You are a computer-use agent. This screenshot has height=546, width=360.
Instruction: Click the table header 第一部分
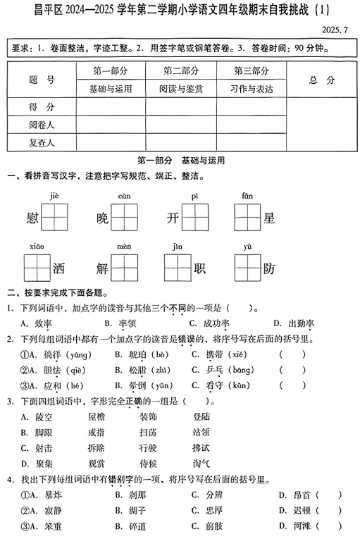point(111,71)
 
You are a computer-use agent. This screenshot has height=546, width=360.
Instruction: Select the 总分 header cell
point(322,80)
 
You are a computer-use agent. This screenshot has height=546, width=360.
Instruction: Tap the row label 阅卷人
point(42,124)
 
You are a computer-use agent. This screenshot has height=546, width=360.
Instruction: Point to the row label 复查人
point(42,142)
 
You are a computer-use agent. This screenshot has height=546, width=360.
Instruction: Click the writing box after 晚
point(125,217)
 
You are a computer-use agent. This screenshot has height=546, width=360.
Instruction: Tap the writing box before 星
point(247,217)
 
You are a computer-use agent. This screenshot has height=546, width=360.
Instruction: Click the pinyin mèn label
point(124,246)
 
